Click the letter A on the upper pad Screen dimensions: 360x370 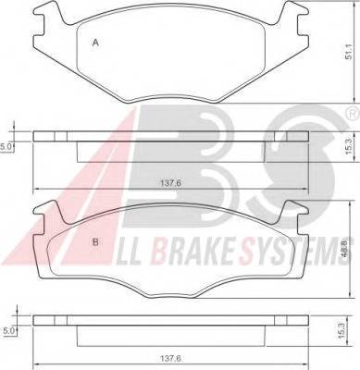click(x=95, y=43)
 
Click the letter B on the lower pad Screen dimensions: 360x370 click(x=95, y=242)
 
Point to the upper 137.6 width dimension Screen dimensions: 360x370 click(x=170, y=182)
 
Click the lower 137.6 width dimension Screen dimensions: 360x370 click(x=170, y=359)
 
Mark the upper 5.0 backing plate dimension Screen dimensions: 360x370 click(x=6, y=147)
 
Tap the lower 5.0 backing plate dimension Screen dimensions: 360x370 click(x=7, y=331)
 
